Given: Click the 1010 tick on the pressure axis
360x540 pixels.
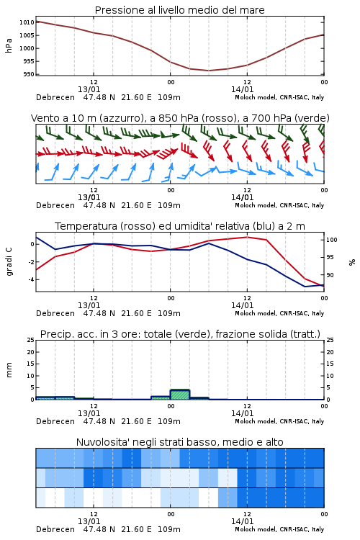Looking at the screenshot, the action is click(27, 22).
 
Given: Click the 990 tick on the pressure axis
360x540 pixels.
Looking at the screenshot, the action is click(29, 74).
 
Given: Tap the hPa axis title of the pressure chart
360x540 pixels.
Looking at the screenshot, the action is click(9, 45).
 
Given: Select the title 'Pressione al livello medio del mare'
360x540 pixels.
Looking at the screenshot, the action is click(180, 10).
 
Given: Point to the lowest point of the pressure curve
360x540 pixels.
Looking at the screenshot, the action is click(208, 71).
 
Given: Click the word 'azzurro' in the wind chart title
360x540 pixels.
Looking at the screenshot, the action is click(121, 118).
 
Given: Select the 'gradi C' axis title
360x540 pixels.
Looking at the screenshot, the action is click(9, 262).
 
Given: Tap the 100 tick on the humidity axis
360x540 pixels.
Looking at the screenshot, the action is click(331, 240).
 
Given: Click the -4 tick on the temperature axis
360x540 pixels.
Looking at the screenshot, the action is click(31, 279).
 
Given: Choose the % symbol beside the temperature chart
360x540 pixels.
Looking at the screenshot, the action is click(352, 262).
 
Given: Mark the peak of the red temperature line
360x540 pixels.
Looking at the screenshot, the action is click(247, 237).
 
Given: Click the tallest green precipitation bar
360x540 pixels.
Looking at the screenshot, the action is click(180, 395).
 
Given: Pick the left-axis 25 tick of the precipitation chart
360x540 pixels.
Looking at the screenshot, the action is click(31, 340).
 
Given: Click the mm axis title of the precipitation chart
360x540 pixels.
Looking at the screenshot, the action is click(9, 370).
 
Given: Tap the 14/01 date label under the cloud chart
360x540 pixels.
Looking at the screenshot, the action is click(242, 521).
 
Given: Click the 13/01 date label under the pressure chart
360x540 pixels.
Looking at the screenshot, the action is click(89, 89).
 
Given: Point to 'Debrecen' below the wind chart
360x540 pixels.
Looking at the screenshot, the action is click(55, 205).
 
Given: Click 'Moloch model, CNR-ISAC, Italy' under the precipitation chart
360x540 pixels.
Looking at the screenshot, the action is click(279, 421).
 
